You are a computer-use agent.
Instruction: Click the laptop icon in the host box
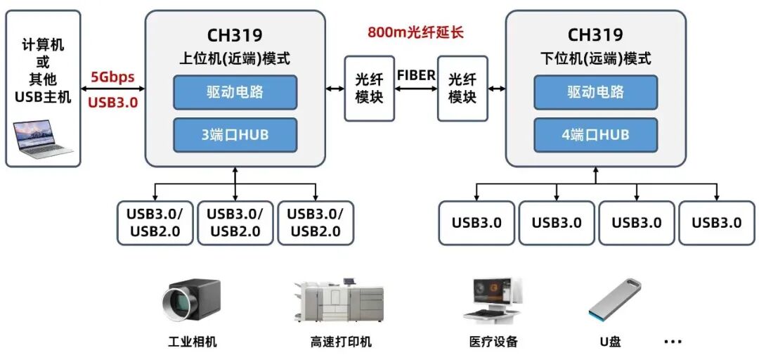(x=43, y=138)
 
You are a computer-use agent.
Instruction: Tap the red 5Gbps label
(x=112, y=77)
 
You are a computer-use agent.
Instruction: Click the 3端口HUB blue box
(x=235, y=135)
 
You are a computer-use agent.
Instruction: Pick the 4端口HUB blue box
(x=595, y=135)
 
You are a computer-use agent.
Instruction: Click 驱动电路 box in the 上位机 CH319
(x=235, y=92)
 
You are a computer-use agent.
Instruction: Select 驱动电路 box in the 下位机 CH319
(x=595, y=92)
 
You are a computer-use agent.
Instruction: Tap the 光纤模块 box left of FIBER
(x=369, y=89)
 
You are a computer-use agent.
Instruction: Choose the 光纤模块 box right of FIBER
(x=462, y=89)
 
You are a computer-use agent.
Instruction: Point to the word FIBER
(x=415, y=75)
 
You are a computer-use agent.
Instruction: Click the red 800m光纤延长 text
(x=415, y=32)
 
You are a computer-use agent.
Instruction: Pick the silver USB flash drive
(x=614, y=299)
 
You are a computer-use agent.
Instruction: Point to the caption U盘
(x=609, y=342)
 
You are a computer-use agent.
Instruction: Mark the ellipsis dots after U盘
(x=673, y=342)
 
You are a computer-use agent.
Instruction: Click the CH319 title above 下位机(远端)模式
(x=595, y=34)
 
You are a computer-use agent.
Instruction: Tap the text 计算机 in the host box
(x=43, y=45)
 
